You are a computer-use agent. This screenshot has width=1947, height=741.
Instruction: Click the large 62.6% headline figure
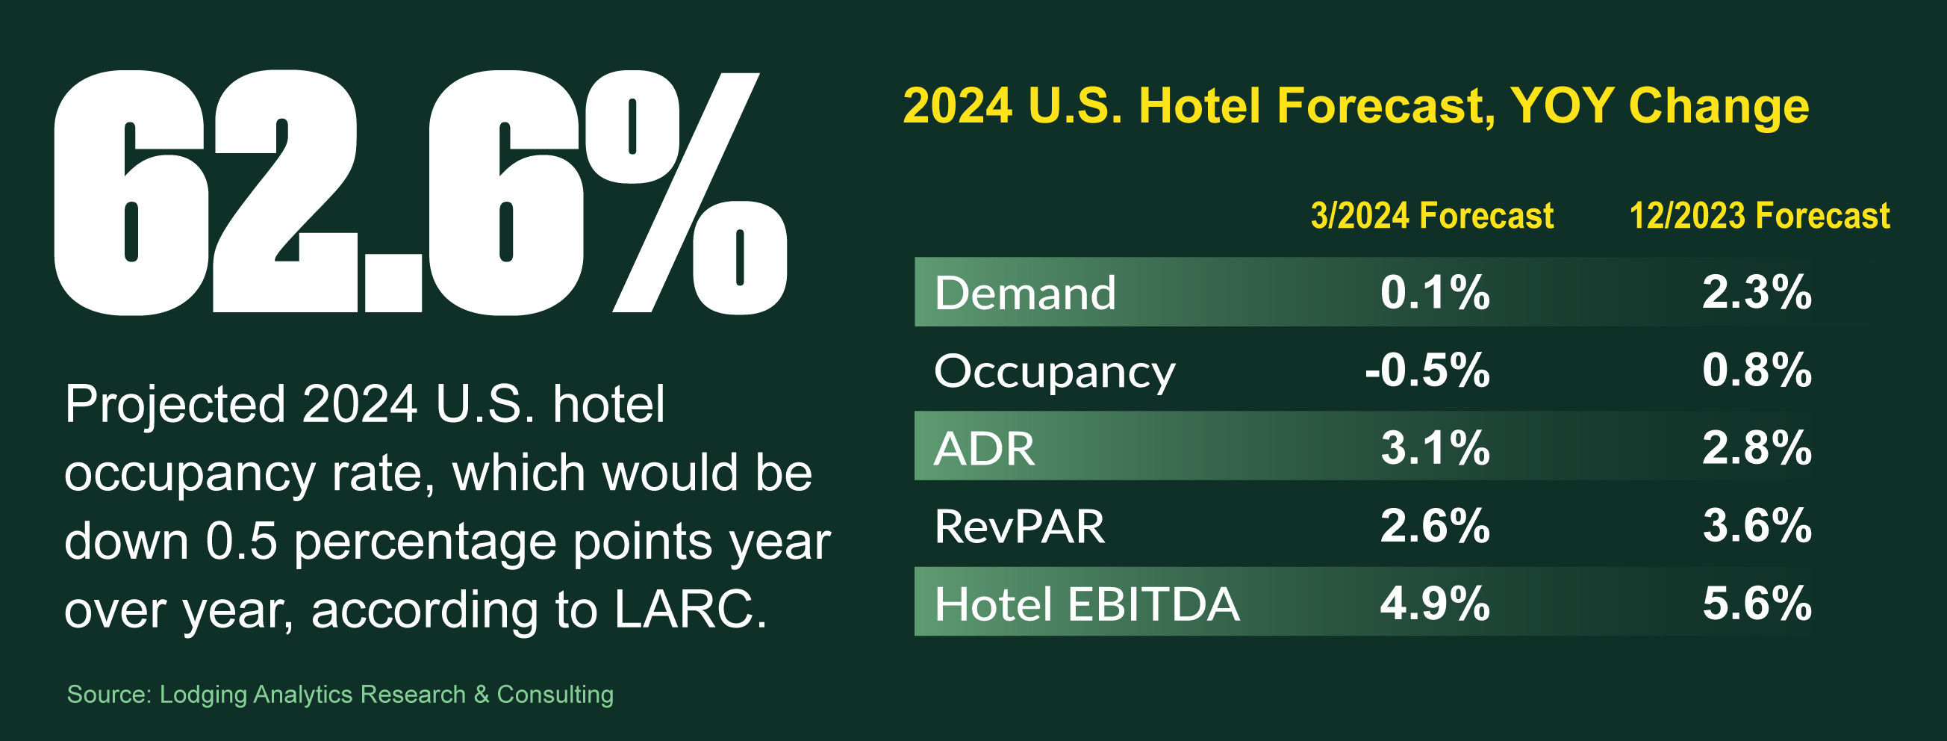[x=420, y=193]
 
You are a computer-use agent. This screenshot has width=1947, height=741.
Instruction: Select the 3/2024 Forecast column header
[x=1433, y=217]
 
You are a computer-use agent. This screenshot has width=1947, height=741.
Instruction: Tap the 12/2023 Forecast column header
[x=1760, y=217]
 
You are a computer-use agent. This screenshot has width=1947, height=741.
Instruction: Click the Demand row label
[x=1025, y=293]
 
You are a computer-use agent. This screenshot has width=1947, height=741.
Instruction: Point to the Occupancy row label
[x=1054, y=372]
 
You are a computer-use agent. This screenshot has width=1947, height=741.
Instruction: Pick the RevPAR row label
[x=1020, y=527]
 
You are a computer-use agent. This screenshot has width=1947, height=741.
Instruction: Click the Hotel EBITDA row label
[x=1087, y=604]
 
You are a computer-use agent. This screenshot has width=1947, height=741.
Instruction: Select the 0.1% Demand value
[x=1435, y=293]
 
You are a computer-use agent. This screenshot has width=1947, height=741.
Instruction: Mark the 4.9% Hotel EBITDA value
[x=1435, y=604]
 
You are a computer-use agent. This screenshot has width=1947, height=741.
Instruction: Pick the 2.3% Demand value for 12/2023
[x=1757, y=293]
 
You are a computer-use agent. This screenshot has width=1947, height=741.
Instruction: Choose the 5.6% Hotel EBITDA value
[x=1757, y=604]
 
